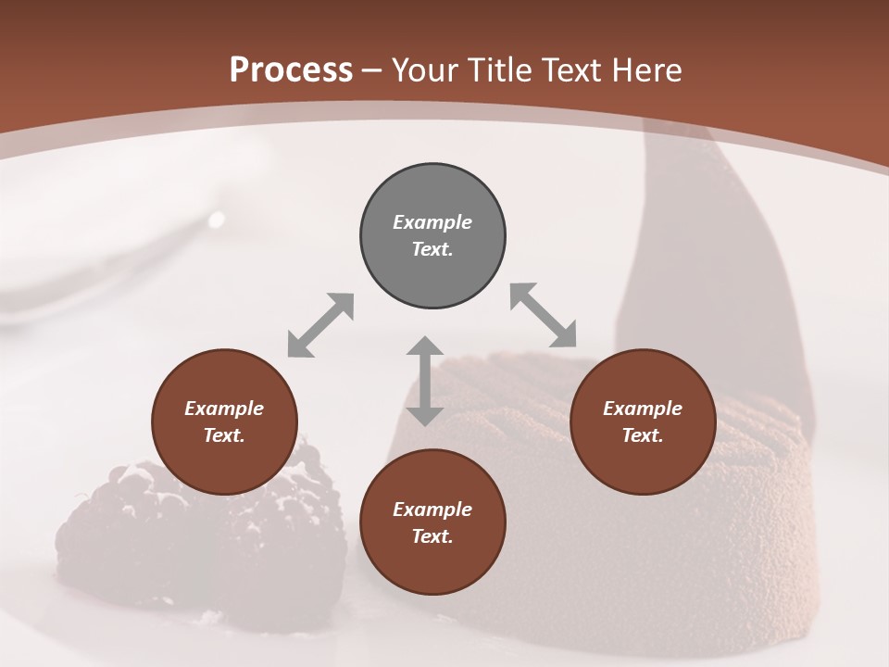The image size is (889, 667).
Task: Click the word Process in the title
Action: [x=291, y=70]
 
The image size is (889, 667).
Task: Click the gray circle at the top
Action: [x=432, y=236]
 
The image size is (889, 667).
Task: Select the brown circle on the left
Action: [x=224, y=422]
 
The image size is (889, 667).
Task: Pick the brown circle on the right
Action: [x=643, y=422]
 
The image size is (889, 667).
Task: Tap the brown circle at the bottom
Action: [x=432, y=522]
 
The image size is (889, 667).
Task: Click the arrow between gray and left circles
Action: [x=320, y=325]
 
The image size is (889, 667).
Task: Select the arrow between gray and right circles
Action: [x=544, y=315]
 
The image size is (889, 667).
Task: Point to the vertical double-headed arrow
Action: [x=425, y=381]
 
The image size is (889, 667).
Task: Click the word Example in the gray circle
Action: [x=432, y=222]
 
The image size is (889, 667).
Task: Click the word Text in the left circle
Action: [x=224, y=435]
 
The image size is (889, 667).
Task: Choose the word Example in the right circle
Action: [x=643, y=409]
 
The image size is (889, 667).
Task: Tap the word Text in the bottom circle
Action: [x=432, y=536]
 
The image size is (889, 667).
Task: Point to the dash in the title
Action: [x=372, y=70]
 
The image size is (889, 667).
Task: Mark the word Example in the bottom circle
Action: [x=432, y=510]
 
